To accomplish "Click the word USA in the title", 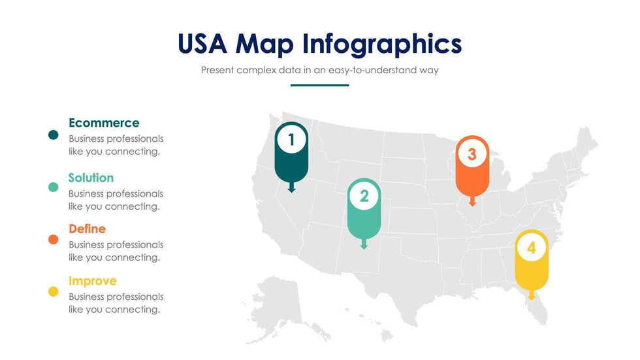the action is [x=202, y=44].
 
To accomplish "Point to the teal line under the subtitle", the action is [x=319, y=86].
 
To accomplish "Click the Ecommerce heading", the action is [x=104, y=122].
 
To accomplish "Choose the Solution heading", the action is [x=91, y=178].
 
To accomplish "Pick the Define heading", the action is [x=88, y=229].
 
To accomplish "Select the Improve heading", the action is [x=93, y=281].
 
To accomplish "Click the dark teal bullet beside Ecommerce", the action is [x=53, y=135].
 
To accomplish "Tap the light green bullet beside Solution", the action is [x=53, y=187].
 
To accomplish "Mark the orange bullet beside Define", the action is [x=53, y=239].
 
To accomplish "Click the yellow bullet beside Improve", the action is [x=53, y=291].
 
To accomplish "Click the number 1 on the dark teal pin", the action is [x=291, y=140].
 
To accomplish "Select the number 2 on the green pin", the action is [x=364, y=196].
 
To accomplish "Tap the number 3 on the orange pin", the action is [x=472, y=154].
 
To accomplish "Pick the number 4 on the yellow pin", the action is [x=532, y=248].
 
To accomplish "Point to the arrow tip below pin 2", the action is [x=364, y=248].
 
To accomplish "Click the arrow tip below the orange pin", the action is [x=472, y=206].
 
